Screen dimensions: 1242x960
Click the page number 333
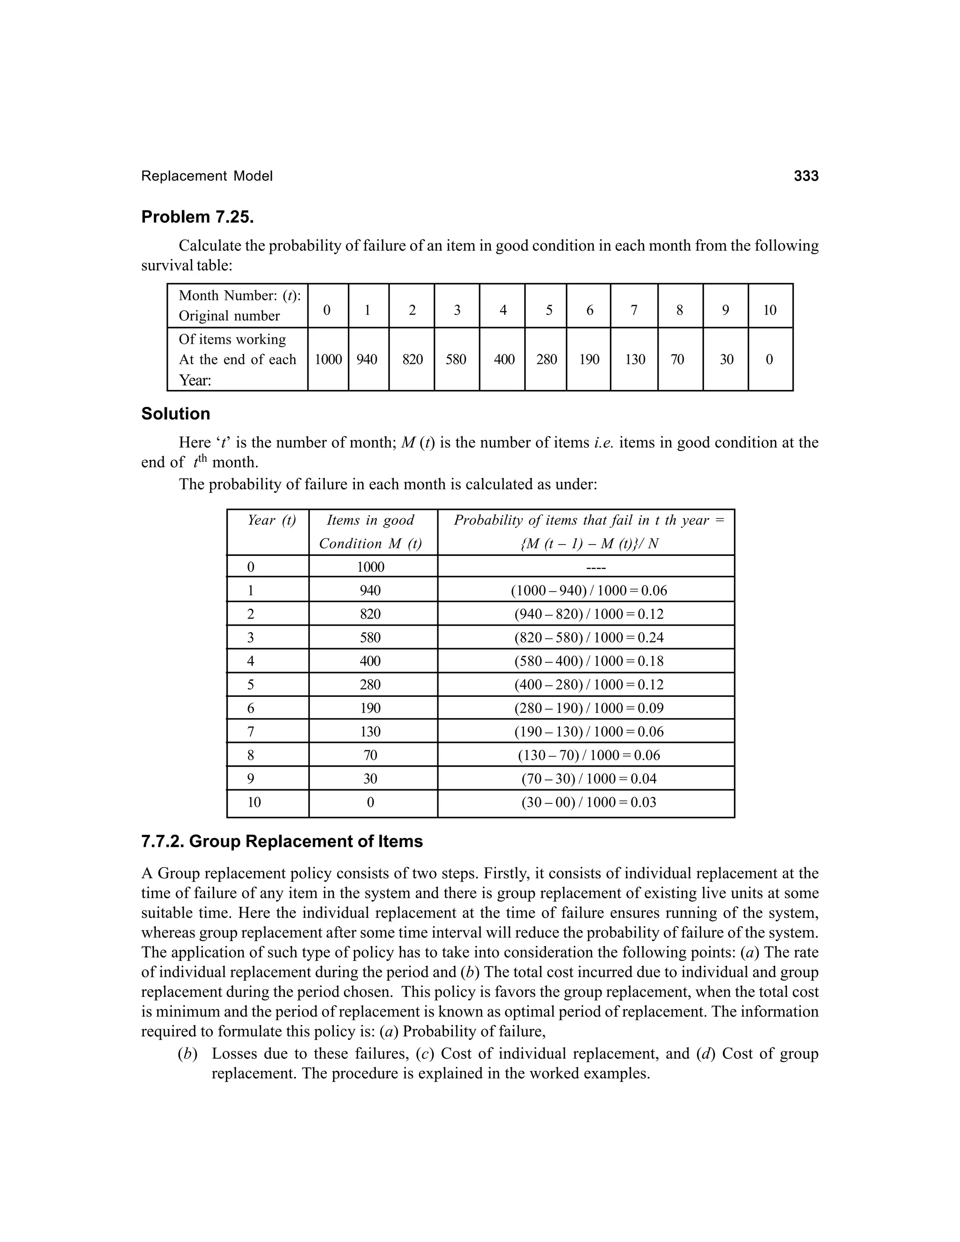pyautogui.click(x=806, y=176)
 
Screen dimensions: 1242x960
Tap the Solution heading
pyautogui.click(x=175, y=413)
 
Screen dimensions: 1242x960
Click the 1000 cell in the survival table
pyautogui.click(x=328, y=359)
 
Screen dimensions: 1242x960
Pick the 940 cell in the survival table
pyautogui.click(x=367, y=359)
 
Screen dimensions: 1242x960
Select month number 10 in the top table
pyautogui.click(x=770, y=310)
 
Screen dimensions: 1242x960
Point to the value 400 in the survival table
pyautogui.click(x=504, y=359)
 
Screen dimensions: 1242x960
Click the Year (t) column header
pyautogui.click(x=271, y=520)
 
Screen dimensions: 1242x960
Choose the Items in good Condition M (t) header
pyautogui.click(x=370, y=532)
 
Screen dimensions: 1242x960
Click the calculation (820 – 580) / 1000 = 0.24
pyautogui.click(x=589, y=637)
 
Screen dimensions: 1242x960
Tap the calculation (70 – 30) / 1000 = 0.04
pyautogui.click(x=589, y=778)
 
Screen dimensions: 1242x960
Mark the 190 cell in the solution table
pyautogui.click(x=370, y=708)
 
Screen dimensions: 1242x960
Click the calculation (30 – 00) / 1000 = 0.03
pyautogui.click(x=589, y=802)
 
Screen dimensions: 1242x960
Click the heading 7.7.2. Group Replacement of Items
pyautogui.click(x=282, y=842)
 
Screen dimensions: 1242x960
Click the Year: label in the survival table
pyautogui.click(x=195, y=380)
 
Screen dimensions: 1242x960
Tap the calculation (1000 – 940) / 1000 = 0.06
pyautogui.click(x=589, y=590)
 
